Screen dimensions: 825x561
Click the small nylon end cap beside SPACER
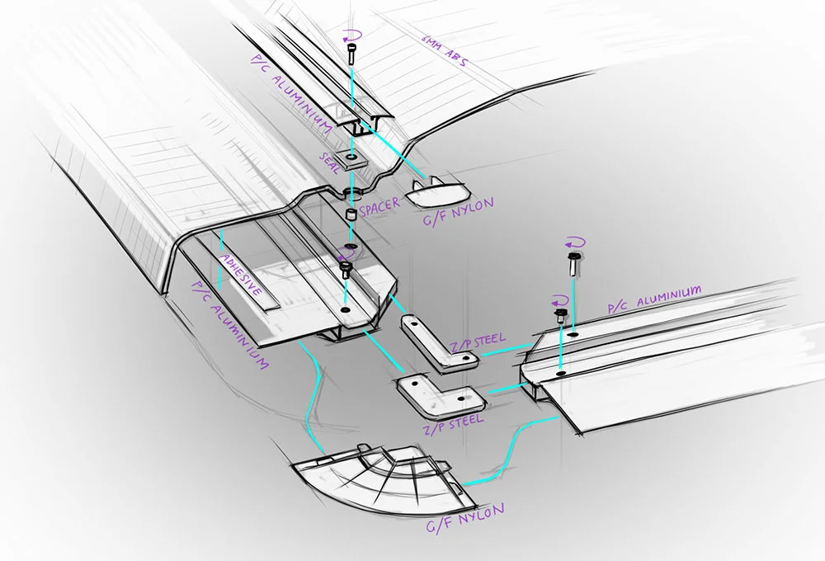[x=438, y=193]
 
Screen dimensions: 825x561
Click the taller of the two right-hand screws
[x=571, y=263]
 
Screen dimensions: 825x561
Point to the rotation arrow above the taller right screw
[x=573, y=242]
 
